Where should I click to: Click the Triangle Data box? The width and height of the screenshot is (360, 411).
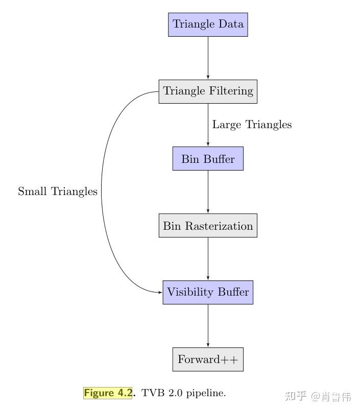click(x=208, y=25)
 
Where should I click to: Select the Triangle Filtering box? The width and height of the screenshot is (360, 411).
click(x=208, y=91)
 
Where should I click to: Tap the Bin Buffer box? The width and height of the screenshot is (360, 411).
click(x=208, y=159)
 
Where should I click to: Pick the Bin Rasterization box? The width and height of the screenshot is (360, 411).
click(x=208, y=226)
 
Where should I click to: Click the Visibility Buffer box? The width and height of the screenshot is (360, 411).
click(x=208, y=293)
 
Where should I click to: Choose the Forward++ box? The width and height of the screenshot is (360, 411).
click(x=208, y=359)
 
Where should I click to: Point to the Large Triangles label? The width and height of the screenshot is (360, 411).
click(x=252, y=125)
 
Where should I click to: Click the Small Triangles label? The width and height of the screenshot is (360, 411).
click(x=58, y=191)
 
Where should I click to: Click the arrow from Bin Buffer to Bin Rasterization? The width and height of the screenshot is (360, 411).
click(x=208, y=191)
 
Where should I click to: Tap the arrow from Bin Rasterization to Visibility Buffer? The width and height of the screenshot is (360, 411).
click(x=208, y=258)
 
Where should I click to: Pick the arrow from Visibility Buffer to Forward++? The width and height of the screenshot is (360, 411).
click(x=208, y=325)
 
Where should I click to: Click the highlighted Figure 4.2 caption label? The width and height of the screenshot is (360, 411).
click(x=108, y=393)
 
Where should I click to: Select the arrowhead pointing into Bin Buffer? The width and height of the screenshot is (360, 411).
click(x=208, y=144)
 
